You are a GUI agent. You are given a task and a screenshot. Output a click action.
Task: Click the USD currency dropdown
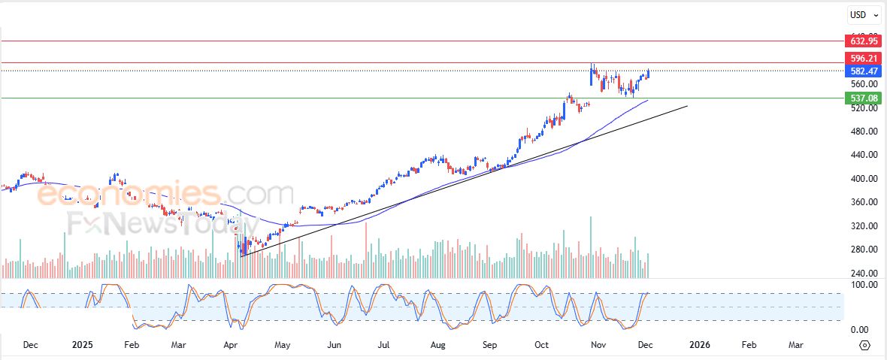point(862,14)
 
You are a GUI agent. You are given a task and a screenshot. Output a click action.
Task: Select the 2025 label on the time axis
point(82,345)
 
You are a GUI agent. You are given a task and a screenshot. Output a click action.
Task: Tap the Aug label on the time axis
point(438,345)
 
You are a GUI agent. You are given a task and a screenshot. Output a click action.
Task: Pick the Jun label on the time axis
point(335,345)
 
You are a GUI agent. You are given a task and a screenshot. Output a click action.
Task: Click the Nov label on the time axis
point(598,345)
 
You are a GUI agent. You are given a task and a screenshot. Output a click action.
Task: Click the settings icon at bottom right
point(864,345)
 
